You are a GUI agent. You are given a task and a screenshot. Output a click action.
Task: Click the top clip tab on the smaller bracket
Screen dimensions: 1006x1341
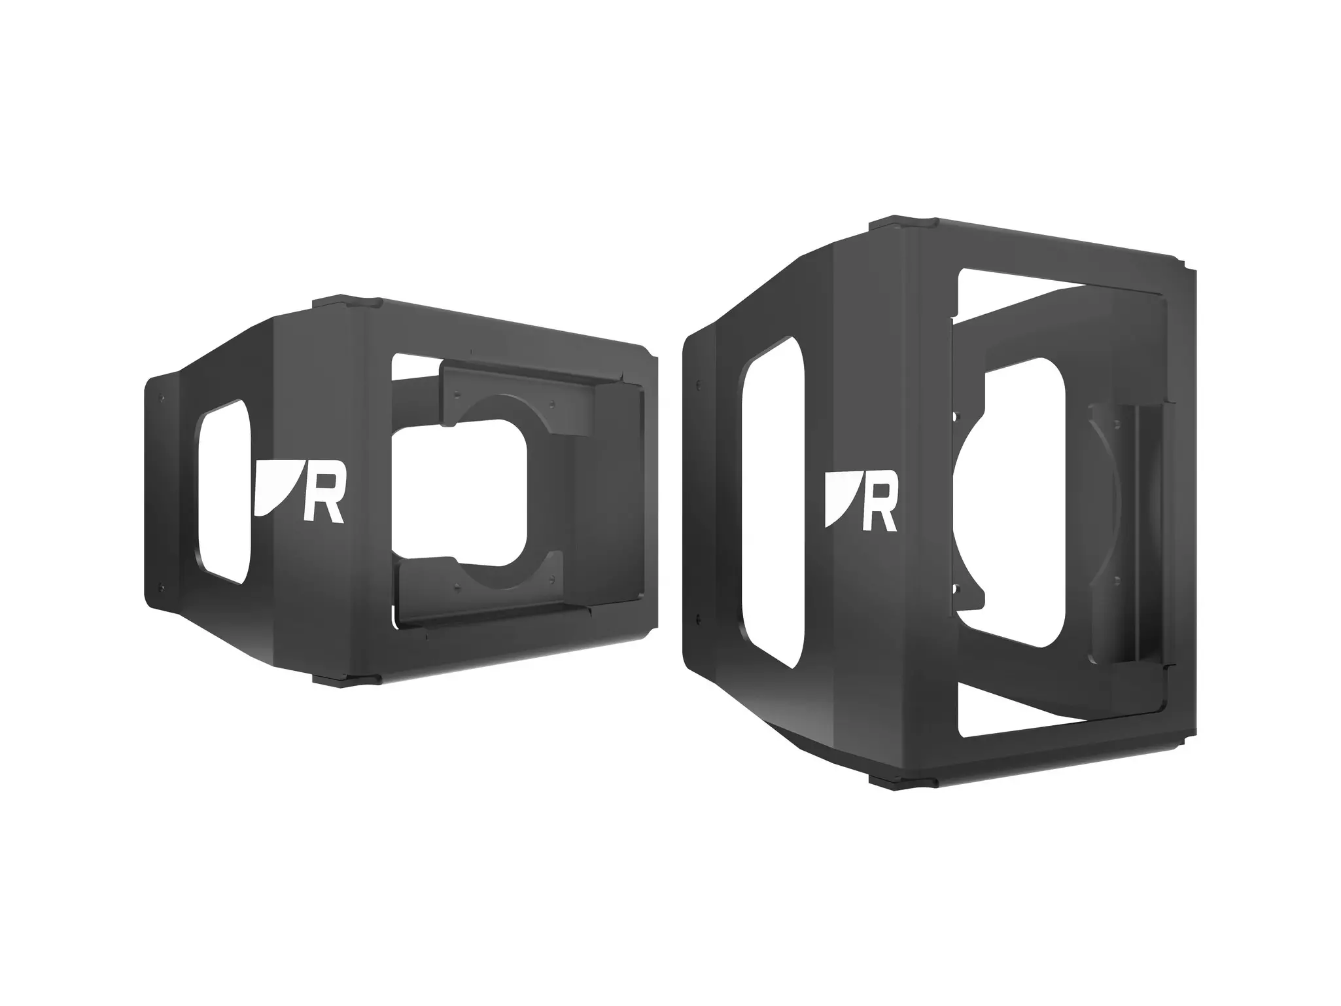[x=346, y=304]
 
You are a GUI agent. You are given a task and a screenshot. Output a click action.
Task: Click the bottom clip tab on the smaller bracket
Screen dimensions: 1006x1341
[x=346, y=679]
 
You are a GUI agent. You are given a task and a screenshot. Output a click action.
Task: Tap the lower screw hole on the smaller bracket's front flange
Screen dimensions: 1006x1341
[x=158, y=586]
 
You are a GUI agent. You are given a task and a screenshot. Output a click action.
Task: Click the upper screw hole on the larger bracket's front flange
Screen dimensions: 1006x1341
[x=699, y=384]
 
